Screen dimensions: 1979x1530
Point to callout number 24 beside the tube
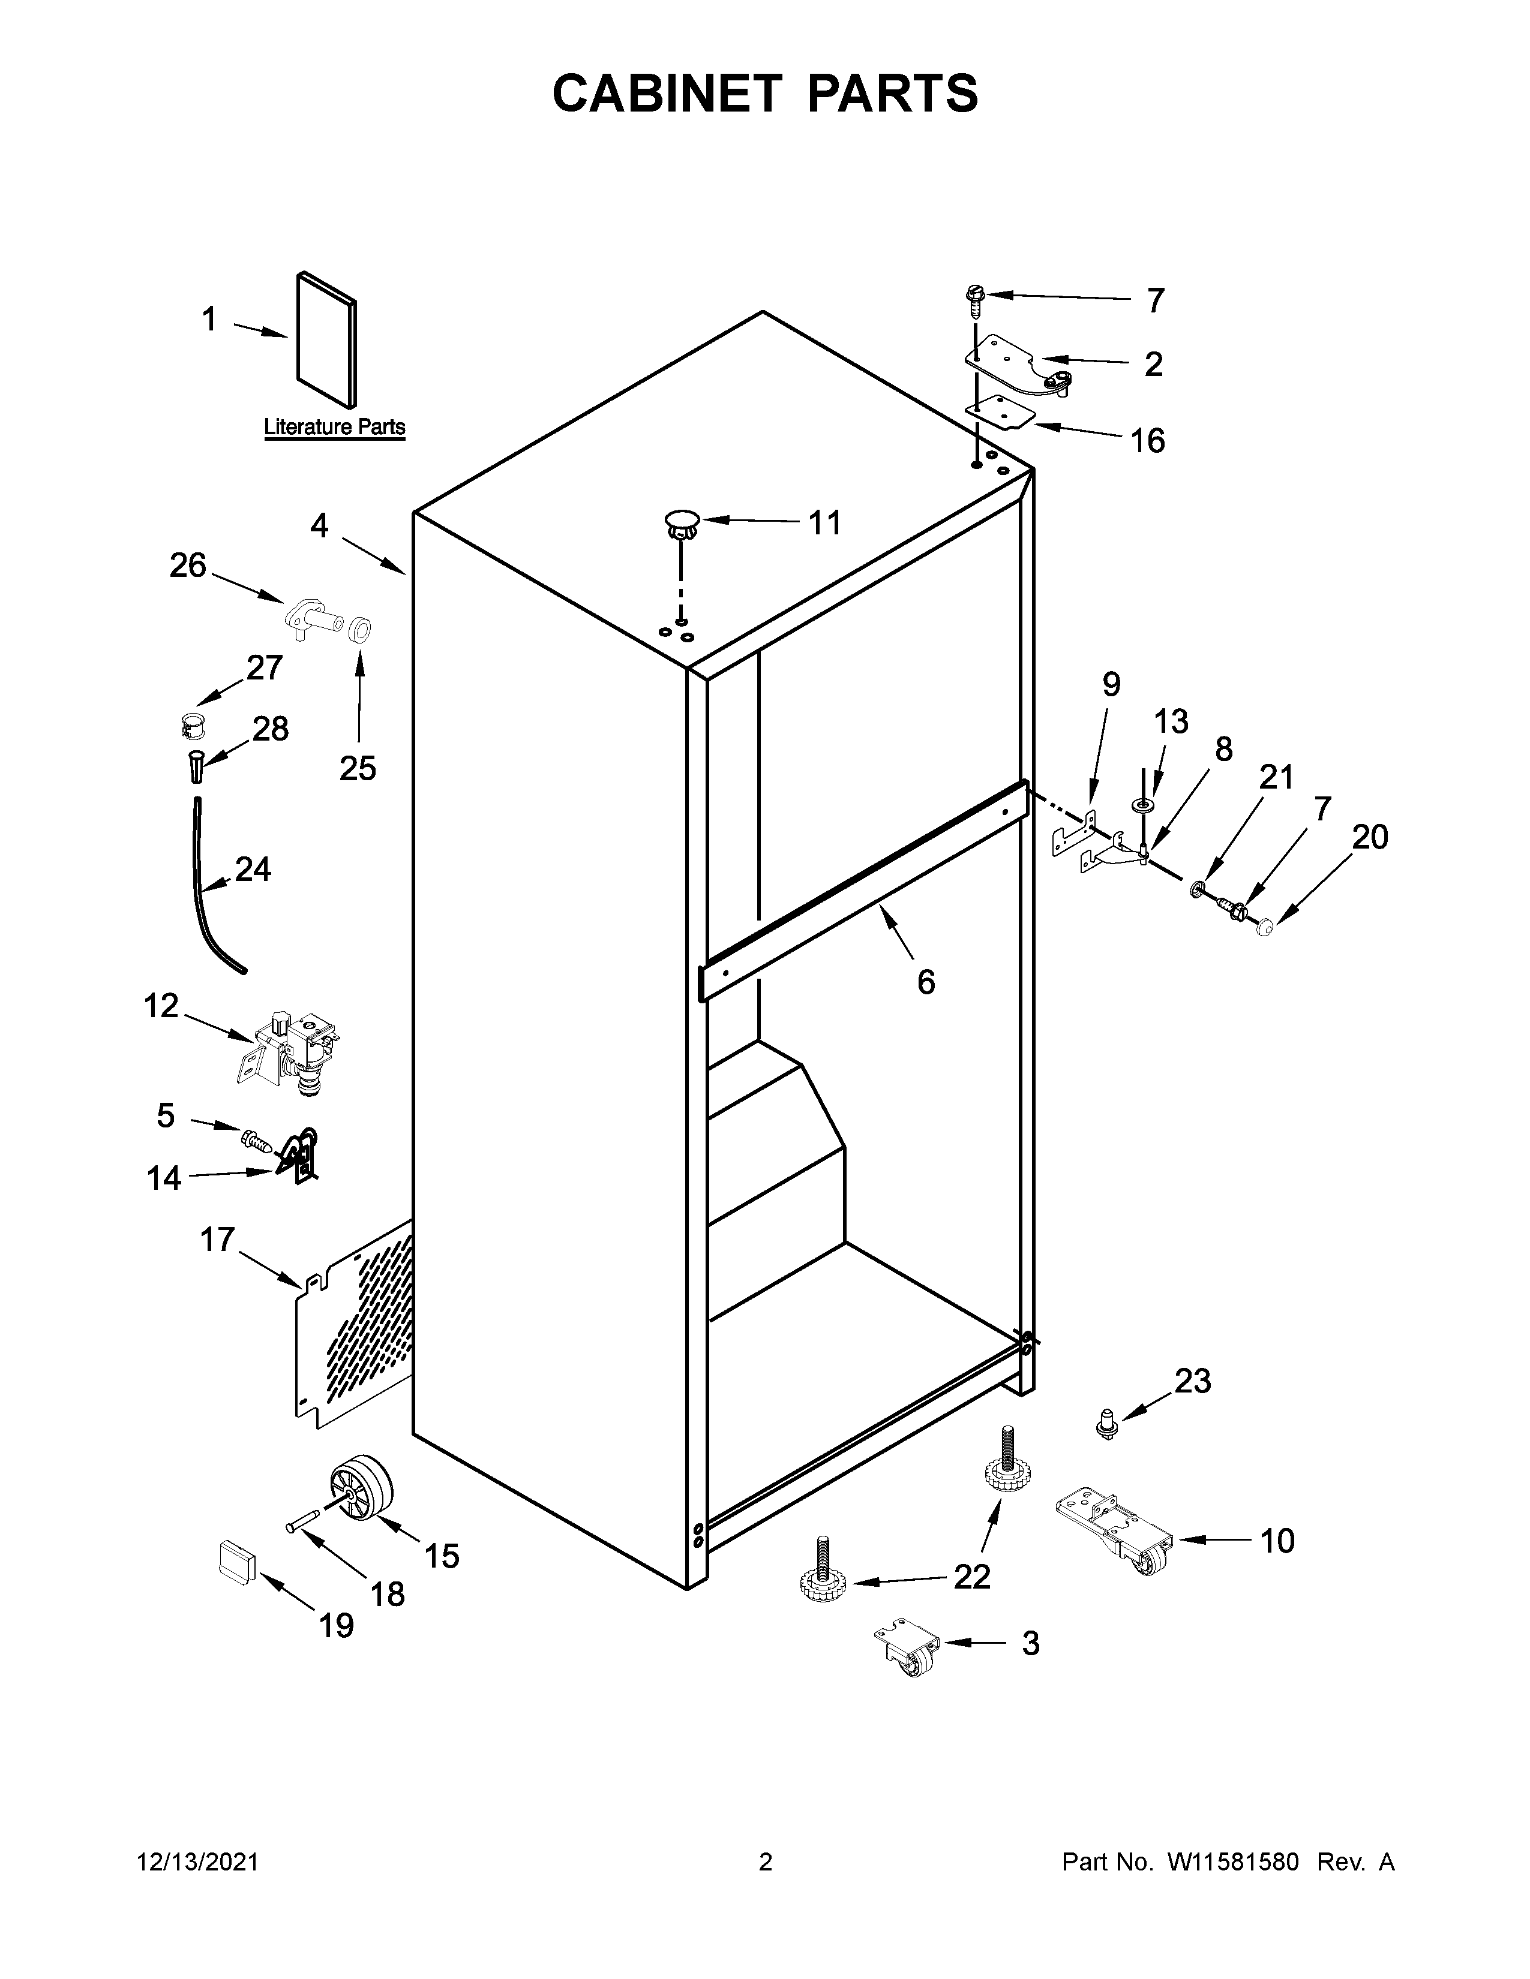pos(253,870)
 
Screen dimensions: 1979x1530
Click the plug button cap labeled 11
pos(682,523)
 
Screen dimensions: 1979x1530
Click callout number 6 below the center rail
pos(925,981)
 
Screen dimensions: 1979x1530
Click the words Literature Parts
pos(334,427)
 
